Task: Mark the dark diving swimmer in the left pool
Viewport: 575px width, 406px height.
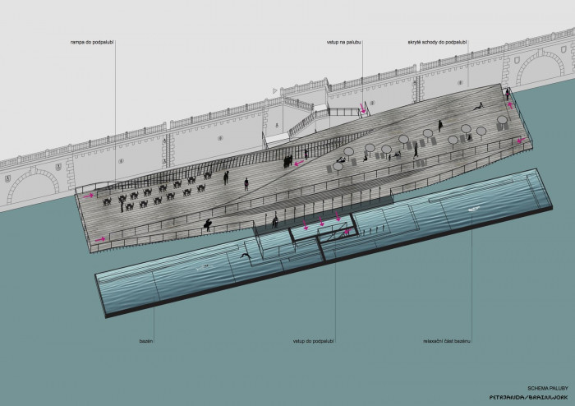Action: tap(244, 258)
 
